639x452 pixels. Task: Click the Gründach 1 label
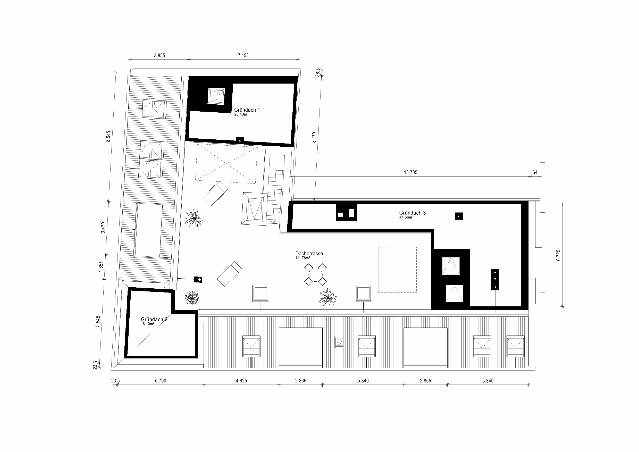click(x=247, y=110)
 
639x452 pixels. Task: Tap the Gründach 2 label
click(x=154, y=320)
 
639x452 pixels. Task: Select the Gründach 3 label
click(x=413, y=213)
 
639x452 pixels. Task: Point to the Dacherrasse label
click(x=309, y=254)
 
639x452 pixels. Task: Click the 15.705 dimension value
click(x=410, y=173)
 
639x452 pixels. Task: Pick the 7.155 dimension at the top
click(x=243, y=55)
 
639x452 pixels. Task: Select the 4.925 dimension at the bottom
click(x=241, y=381)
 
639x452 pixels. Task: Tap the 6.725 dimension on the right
click(x=559, y=255)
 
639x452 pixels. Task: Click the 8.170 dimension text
click(x=314, y=138)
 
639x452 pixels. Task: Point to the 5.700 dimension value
click(x=161, y=381)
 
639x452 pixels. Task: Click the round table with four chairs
click(x=315, y=275)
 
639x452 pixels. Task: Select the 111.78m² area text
click(x=303, y=258)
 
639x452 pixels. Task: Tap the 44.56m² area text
click(x=406, y=217)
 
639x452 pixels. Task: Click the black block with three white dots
click(x=495, y=279)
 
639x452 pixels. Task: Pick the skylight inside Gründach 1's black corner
click(x=216, y=96)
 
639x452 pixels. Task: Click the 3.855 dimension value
click(x=159, y=55)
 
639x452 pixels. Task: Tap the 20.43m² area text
click(x=241, y=114)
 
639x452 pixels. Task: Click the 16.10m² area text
click(x=147, y=324)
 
